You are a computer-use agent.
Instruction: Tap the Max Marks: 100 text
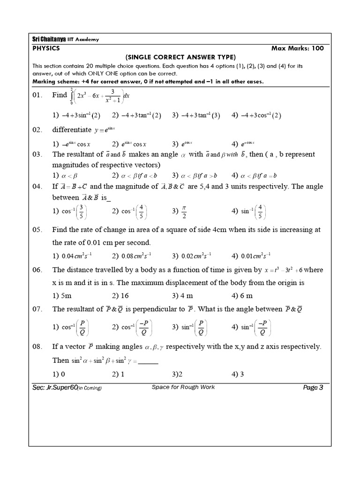(298, 48)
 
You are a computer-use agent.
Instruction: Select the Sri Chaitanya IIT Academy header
(62, 40)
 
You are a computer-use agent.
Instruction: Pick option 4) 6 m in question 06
(242, 295)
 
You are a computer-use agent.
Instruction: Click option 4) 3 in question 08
(238, 374)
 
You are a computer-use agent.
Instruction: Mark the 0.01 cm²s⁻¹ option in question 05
(252, 256)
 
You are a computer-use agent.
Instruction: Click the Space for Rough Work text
(183, 387)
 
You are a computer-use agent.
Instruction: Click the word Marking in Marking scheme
(44, 82)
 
